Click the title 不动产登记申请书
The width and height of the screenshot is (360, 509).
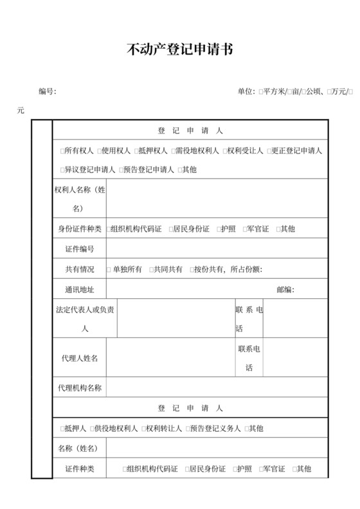179,50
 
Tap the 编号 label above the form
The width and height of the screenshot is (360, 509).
47,91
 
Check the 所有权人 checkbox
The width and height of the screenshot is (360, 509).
62,151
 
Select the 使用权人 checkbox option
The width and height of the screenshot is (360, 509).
99,151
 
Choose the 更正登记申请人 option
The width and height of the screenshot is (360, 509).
269,151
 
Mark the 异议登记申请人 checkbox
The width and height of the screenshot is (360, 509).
62,170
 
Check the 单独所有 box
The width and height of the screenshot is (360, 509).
109,269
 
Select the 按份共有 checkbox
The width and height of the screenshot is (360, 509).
191,269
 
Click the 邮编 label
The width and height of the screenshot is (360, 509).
285,289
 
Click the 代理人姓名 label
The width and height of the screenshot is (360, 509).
79,358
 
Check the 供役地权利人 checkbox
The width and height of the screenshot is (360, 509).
91,429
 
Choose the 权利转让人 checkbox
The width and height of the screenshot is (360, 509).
143,429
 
